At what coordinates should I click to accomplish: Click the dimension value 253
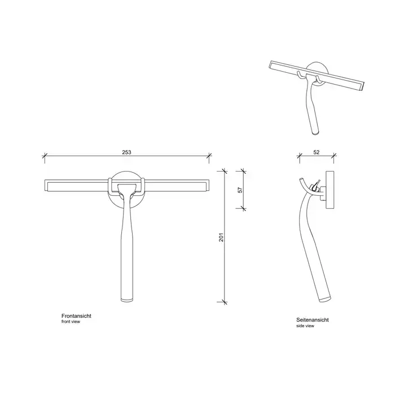[x=127, y=152]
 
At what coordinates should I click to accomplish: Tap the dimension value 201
[x=221, y=237]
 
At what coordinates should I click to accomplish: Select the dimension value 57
[x=240, y=190]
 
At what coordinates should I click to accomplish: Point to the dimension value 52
[x=317, y=152]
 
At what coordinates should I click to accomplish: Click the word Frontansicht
[x=76, y=316]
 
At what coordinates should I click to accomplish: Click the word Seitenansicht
[x=313, y=320]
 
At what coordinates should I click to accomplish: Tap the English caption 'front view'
[x=71, y=322]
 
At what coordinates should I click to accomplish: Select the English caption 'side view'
[x=305, y=326]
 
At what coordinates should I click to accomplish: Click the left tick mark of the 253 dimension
[x=45, y=156]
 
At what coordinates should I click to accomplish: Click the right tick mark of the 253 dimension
[x=209, y=156]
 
